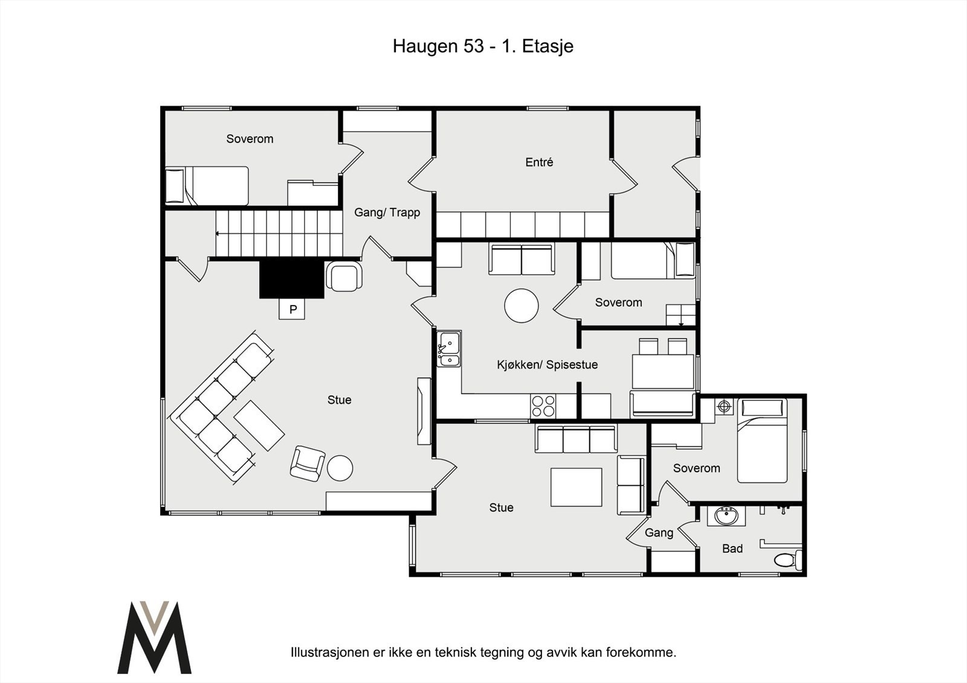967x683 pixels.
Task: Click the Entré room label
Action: point(539,162)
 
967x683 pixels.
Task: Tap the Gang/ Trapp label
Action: point(387,213)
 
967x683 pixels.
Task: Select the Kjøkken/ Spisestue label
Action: point(547,365)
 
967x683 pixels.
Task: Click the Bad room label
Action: point(732,549)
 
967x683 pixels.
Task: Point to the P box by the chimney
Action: point(293,309)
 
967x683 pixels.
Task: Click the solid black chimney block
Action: point(292,279)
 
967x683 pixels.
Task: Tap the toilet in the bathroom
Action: point(788,560)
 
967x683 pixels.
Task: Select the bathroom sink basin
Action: point(726,516)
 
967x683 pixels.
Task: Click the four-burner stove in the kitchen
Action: point(543,406)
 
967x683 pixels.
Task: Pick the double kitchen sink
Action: point(449,349)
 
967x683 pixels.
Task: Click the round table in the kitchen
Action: point(521,306)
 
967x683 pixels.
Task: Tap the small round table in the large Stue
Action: point(340,468)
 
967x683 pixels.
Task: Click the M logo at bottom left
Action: point(154,637)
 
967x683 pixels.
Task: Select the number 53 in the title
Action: point(474,46)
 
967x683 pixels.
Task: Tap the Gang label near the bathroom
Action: point(659,533)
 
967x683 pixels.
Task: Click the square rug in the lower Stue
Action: point(576,487)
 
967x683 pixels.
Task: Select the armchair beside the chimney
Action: point(344,276)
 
